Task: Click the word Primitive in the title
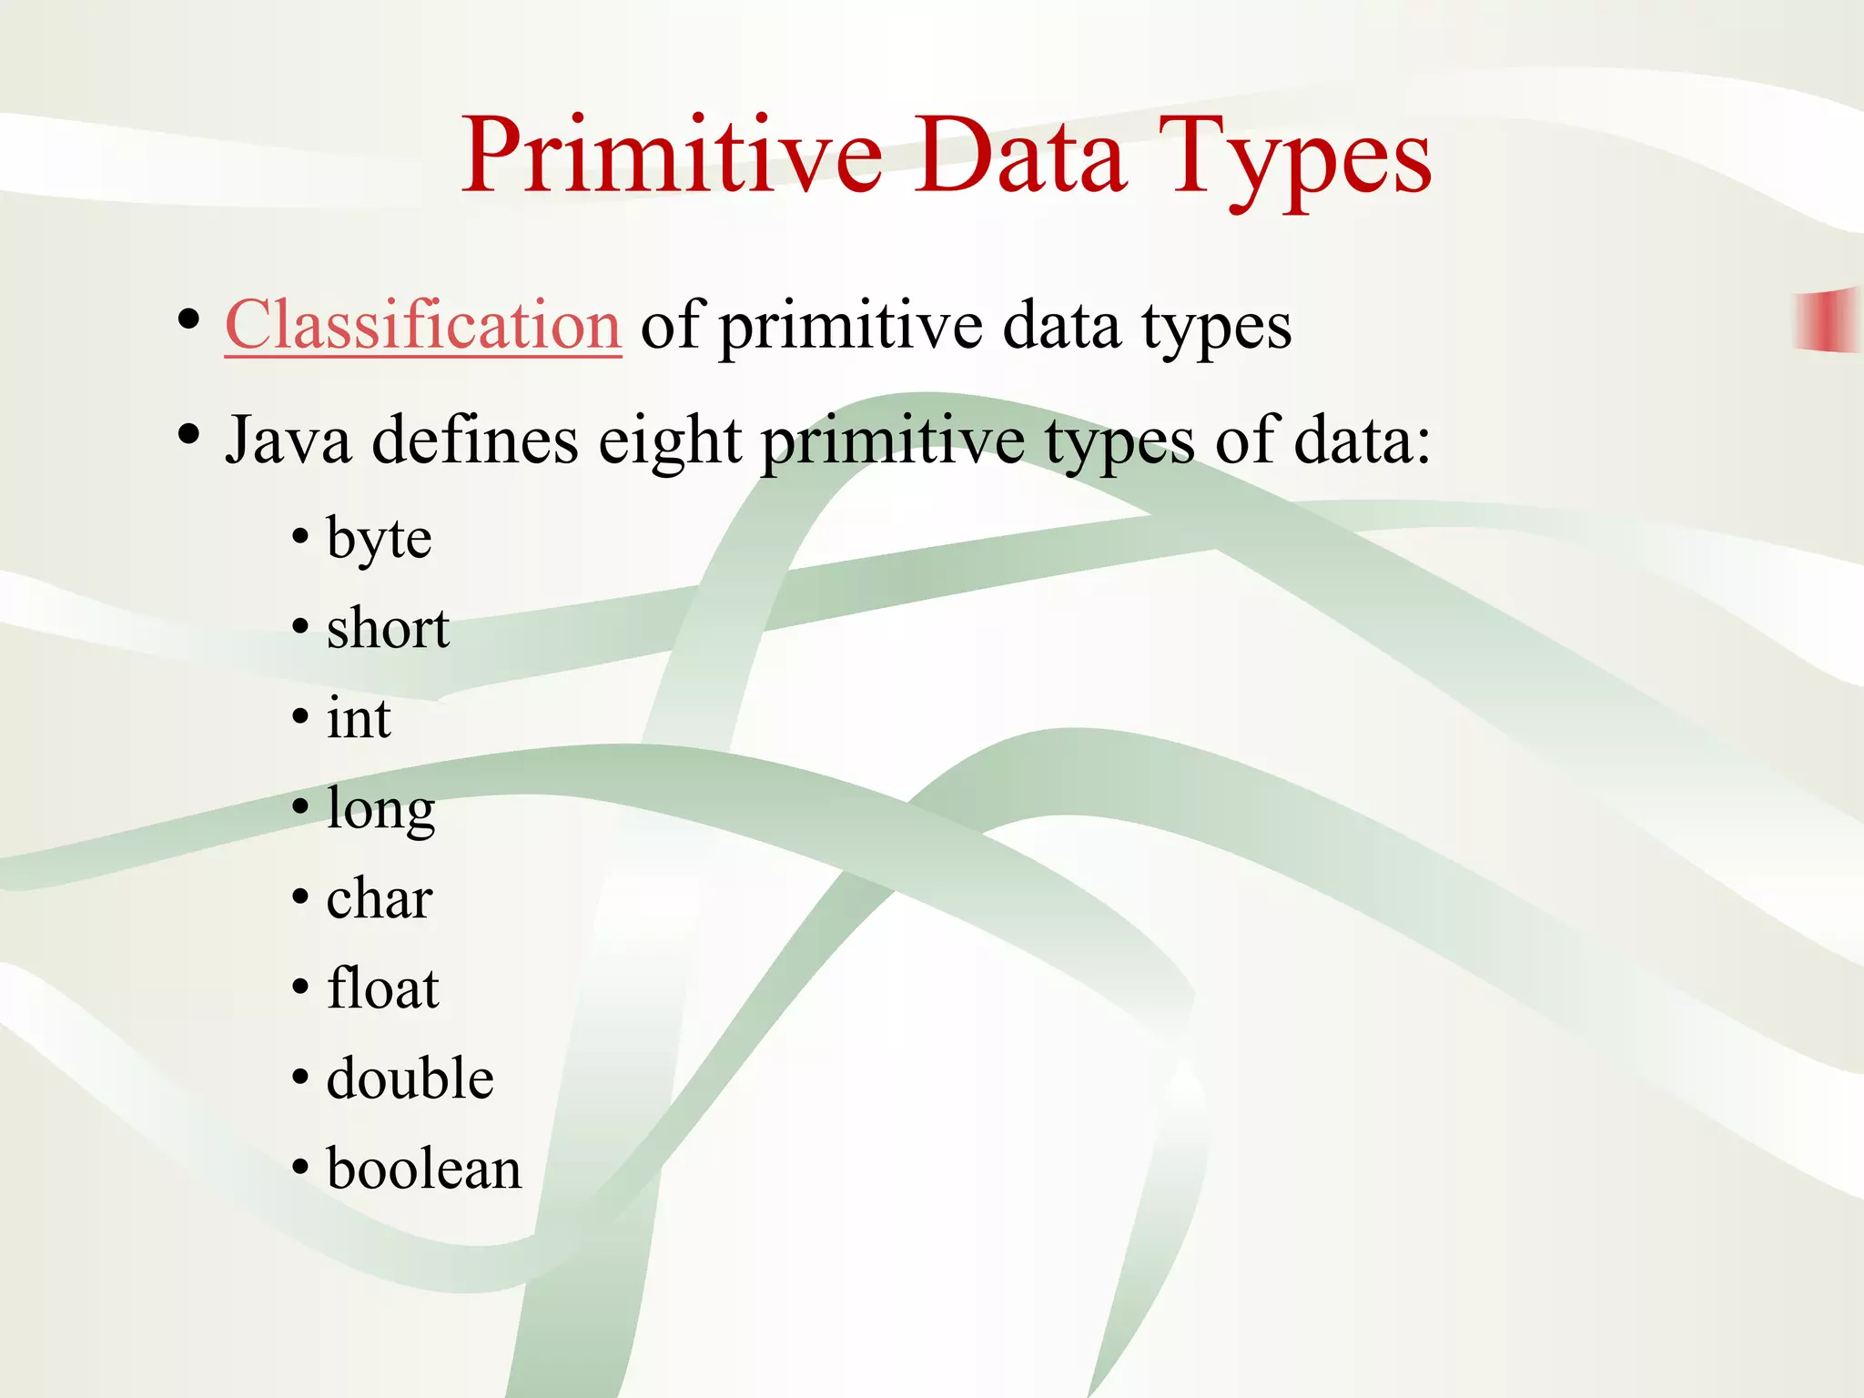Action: coord(672,157)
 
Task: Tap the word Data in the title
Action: coord(1021,157)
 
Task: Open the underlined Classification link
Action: coord(423,325)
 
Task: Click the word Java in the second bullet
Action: coord(288,441)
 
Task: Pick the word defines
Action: coord(475,441)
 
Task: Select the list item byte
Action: coord(379,539)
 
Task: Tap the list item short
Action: coord(388,628)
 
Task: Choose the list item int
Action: coord(359,718)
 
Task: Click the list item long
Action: coord(380,809)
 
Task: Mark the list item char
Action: coord(380,898)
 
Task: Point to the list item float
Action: coord(382,988)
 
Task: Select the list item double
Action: coord(410,1079)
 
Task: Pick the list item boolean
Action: coord(424,1169)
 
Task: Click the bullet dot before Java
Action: coord(188,435)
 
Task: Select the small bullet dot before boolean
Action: coord(300,1169)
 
